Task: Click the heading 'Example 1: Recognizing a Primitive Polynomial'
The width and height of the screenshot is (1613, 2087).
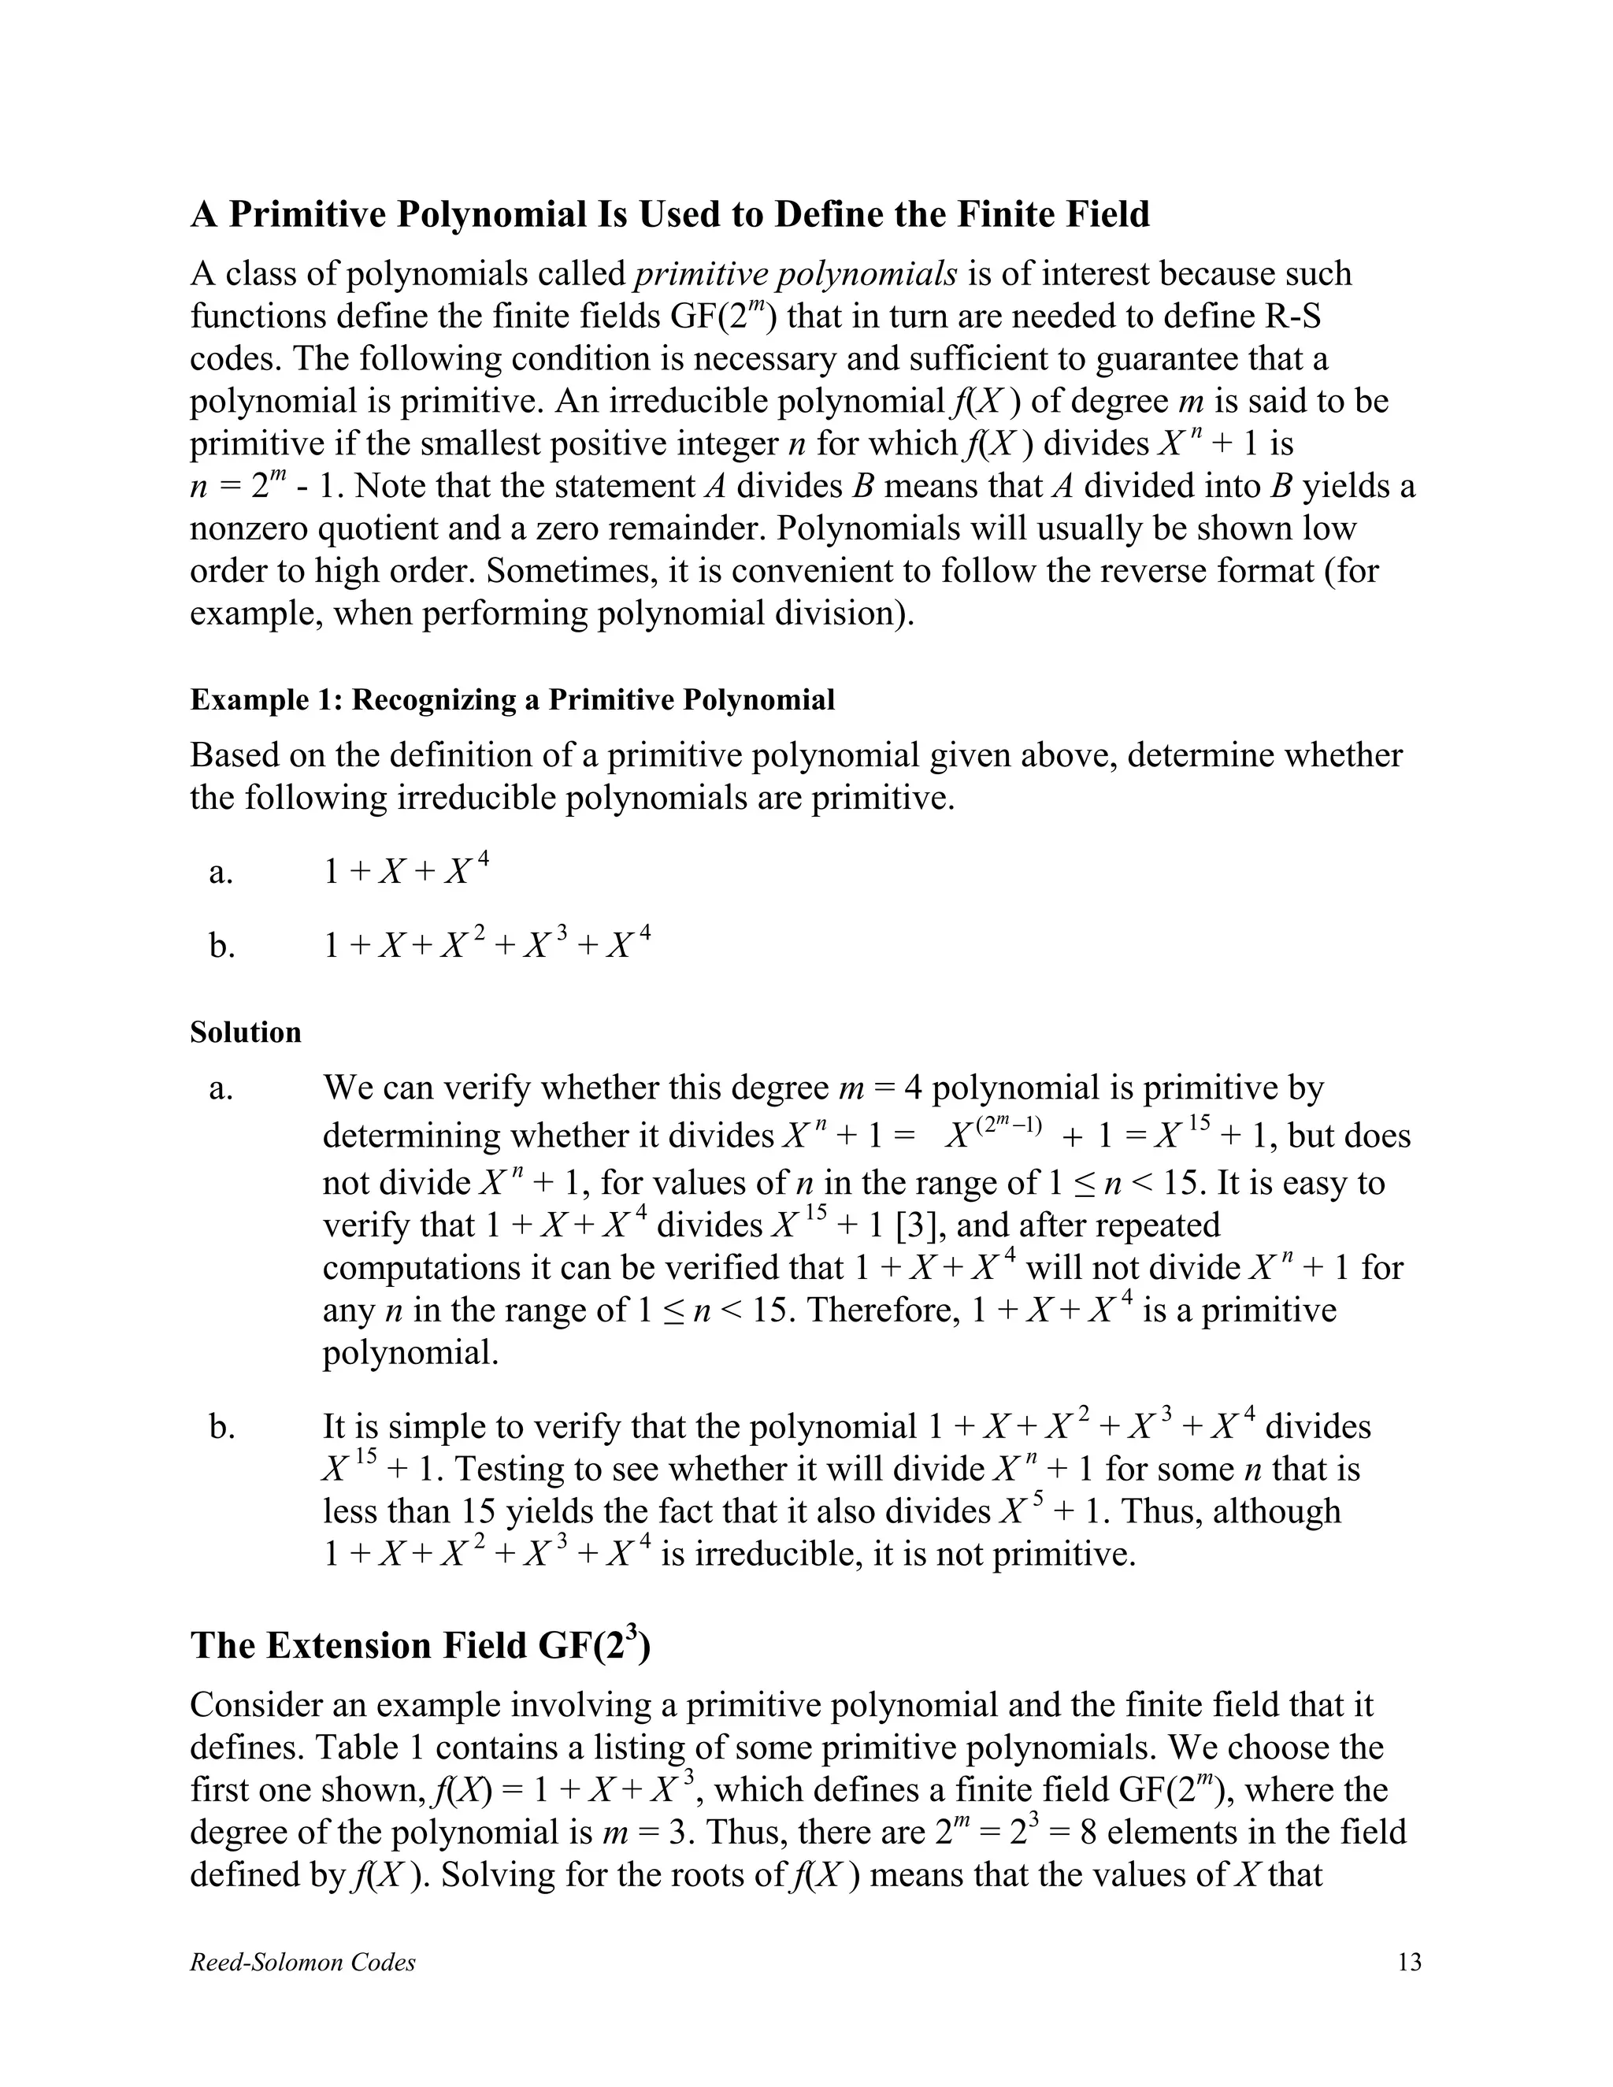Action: (512, 699)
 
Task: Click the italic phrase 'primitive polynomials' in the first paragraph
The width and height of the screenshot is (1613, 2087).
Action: (795, 274)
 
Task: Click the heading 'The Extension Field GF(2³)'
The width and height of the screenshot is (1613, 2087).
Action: (420, 1645)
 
